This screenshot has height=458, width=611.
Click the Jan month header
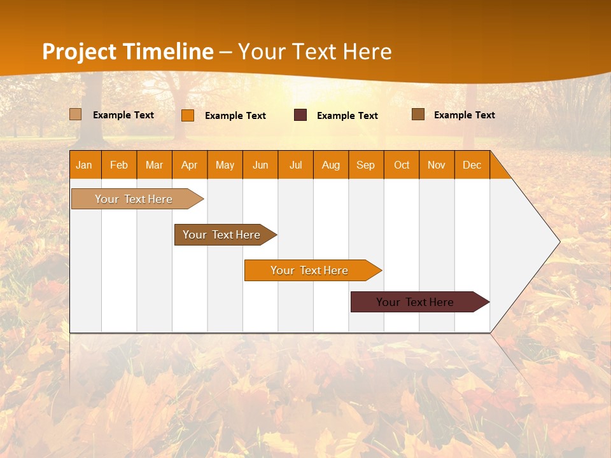(x=84, y=165)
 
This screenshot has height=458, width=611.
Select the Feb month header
(x=119, y=165)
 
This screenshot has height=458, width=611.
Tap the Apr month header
(x=189, y=165)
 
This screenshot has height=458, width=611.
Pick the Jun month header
(x=260, y=165)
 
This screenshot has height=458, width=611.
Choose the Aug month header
(x=330, y=165)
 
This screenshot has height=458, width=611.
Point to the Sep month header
(x=365, y=165)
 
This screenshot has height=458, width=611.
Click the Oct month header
(x=402, y=165)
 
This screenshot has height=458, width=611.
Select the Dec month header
(x=472, y=165)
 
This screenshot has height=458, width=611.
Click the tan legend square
(x=76, y=114)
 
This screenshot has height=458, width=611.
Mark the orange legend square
(x=188, y=115)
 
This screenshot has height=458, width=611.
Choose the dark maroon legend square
(x=300, y=114)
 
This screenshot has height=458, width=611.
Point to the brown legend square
(x=418, y=114)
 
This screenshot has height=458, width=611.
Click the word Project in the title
(x=79, y=52)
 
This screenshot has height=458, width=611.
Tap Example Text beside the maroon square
(x=348, y=115)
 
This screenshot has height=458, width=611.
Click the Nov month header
(x=437, y=165)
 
